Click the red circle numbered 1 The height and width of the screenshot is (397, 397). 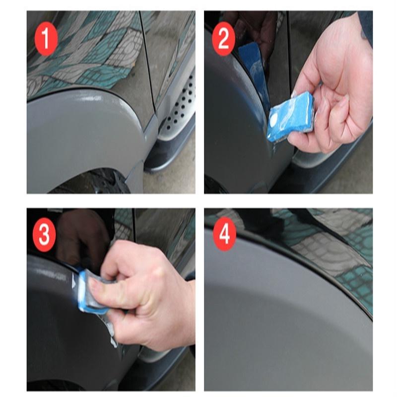(x=46, y=39)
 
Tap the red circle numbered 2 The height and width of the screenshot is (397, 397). (x=223, y=39)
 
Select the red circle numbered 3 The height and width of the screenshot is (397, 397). (x=44, y=234)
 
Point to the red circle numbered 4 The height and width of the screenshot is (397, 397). (x=224, y=234)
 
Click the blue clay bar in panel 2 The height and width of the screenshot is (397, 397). (x=291, y=117)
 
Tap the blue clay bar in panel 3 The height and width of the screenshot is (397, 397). (x=92, y=291)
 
